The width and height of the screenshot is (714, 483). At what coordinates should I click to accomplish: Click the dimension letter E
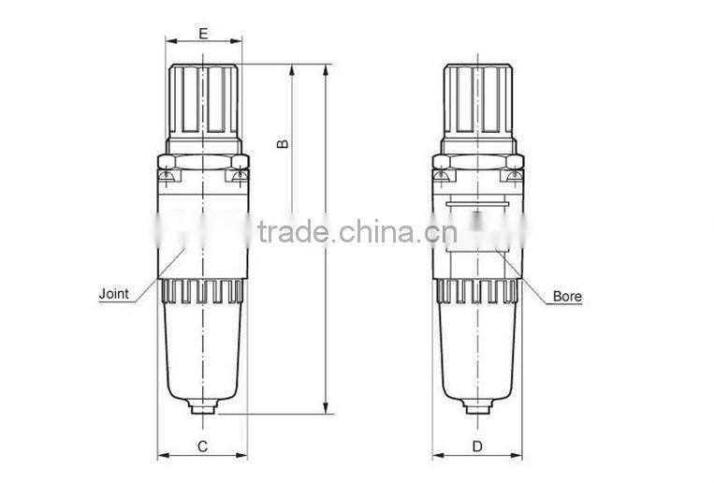click(x=203, y=34)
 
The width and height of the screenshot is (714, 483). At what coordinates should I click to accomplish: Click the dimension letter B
click(x=283, y=143)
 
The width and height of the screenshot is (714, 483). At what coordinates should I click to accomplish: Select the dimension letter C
click(x=202, y=446)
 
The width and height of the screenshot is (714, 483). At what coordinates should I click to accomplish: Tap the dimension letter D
click(x=477, y=446)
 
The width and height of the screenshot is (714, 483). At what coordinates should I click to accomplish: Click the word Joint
click(x=114, y=294)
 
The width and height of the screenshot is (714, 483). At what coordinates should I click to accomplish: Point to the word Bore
click(x=567, y=296)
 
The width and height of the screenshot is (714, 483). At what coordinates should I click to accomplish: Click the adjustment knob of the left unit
click(x=204, y=101)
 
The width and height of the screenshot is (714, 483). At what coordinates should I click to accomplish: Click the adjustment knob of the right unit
click(x=478, y=101)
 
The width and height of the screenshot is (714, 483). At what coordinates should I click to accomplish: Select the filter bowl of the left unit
click(x=202, y=351)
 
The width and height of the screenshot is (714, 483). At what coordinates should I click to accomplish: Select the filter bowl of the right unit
click(x=477, y=351)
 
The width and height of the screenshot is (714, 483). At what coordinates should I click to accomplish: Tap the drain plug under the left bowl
click(x=202, y=407)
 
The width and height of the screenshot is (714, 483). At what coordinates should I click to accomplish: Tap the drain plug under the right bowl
click(x=477, y=407)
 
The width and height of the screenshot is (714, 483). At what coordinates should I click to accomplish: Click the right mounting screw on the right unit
click(x=512, y=174)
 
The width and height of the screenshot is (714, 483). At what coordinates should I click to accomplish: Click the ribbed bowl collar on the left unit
click(x=202, y=292)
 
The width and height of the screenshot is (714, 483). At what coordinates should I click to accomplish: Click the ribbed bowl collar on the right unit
click(x=477, y=292)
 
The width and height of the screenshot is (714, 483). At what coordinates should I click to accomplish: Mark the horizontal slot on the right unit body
click(x=477, y=201)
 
